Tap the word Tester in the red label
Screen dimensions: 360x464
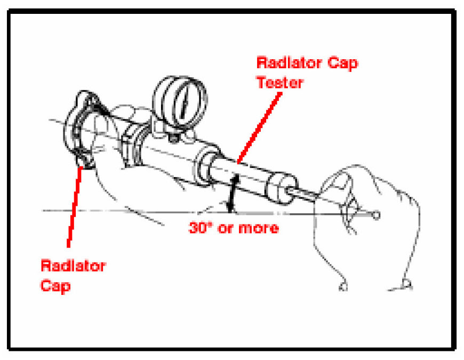tap(280, 82)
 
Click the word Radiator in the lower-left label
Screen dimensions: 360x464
tap(73, 266)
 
